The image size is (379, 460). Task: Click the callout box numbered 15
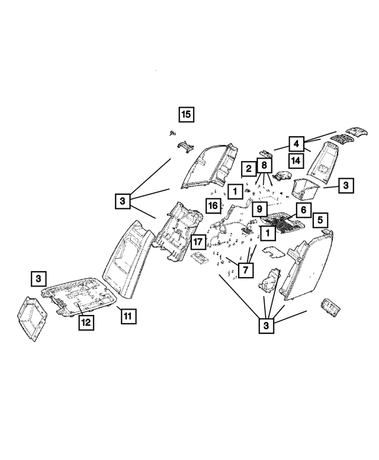pos(186,114)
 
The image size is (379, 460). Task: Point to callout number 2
pos(249,169)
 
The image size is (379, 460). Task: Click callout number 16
pos(213,205)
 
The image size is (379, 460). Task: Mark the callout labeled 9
pos(259,209)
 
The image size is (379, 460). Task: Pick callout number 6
pos(303,210)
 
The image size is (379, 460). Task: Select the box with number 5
pos(320,220)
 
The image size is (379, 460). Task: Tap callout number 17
pos(198,242)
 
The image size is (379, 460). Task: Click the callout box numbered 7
pos(245,271)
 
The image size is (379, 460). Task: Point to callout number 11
pos(128,316)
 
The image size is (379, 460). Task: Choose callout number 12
pos(86,322)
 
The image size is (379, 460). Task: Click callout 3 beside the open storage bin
pos(346,185)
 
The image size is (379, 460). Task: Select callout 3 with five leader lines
pos(266,326)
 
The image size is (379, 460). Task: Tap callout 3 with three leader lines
pos(122,201)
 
